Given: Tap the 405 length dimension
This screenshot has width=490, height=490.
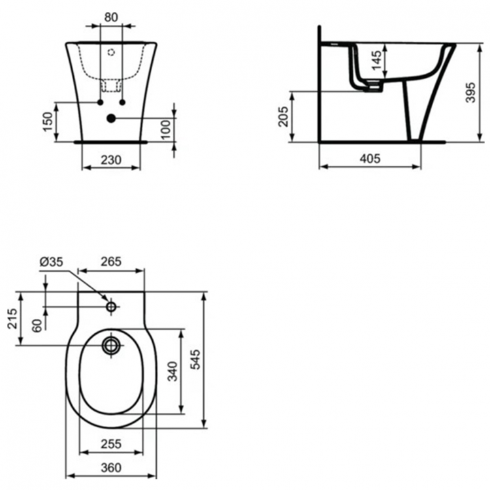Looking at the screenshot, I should (369, 159).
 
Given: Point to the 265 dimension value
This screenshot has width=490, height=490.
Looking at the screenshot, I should (110, 261).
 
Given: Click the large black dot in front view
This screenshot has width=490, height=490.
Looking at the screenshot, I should (110, 118).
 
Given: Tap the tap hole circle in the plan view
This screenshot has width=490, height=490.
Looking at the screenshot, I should (111, 306).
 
